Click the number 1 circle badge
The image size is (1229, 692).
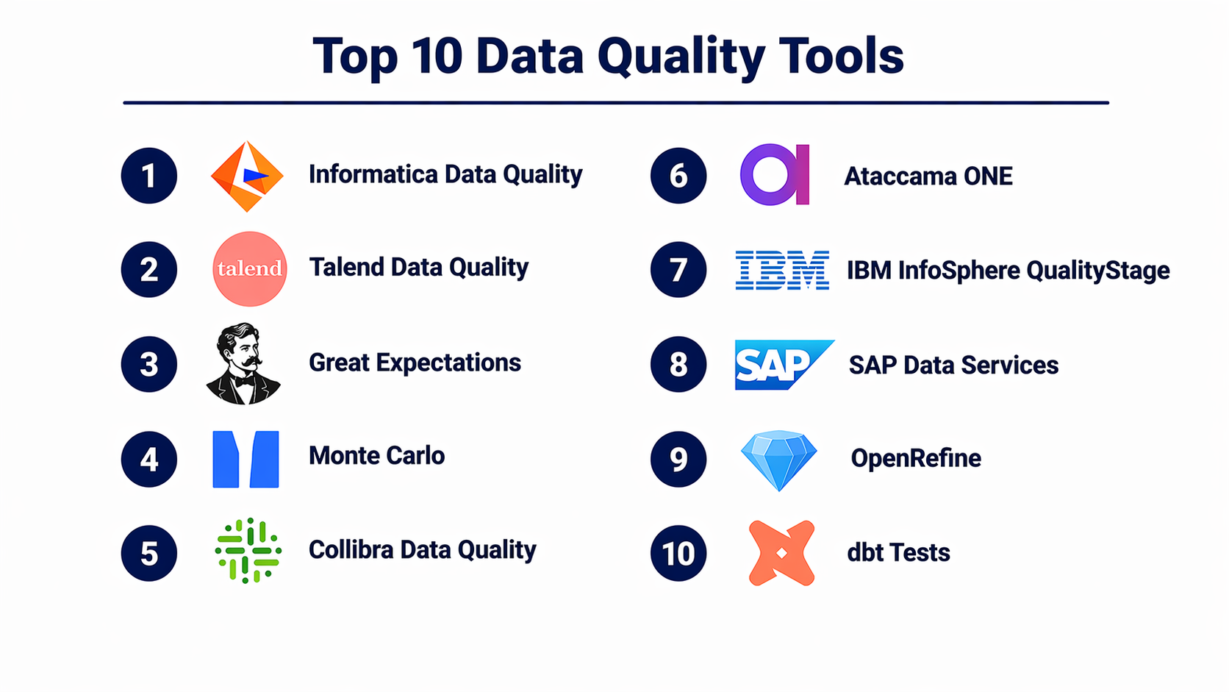point(148,176)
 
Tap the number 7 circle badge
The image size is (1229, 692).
point(678,269)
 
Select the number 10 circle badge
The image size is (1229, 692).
point(678,553)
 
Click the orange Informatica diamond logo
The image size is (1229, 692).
point(247,176)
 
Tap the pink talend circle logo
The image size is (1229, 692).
point(250,268)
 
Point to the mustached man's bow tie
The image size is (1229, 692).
point(243,379)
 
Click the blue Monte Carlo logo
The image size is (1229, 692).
point(246,460)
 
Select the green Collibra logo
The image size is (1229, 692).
point(248,550)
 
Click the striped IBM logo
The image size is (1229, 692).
point(782,270)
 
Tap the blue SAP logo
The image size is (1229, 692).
point(784,365)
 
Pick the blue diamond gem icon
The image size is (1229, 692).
point(778,460)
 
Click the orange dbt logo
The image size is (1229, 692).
point(782,553)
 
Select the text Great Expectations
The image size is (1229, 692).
point(415,363)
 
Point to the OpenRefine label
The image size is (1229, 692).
point(916,458)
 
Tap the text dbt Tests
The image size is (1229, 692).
point(898,552)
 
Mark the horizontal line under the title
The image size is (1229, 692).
point(616,103)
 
